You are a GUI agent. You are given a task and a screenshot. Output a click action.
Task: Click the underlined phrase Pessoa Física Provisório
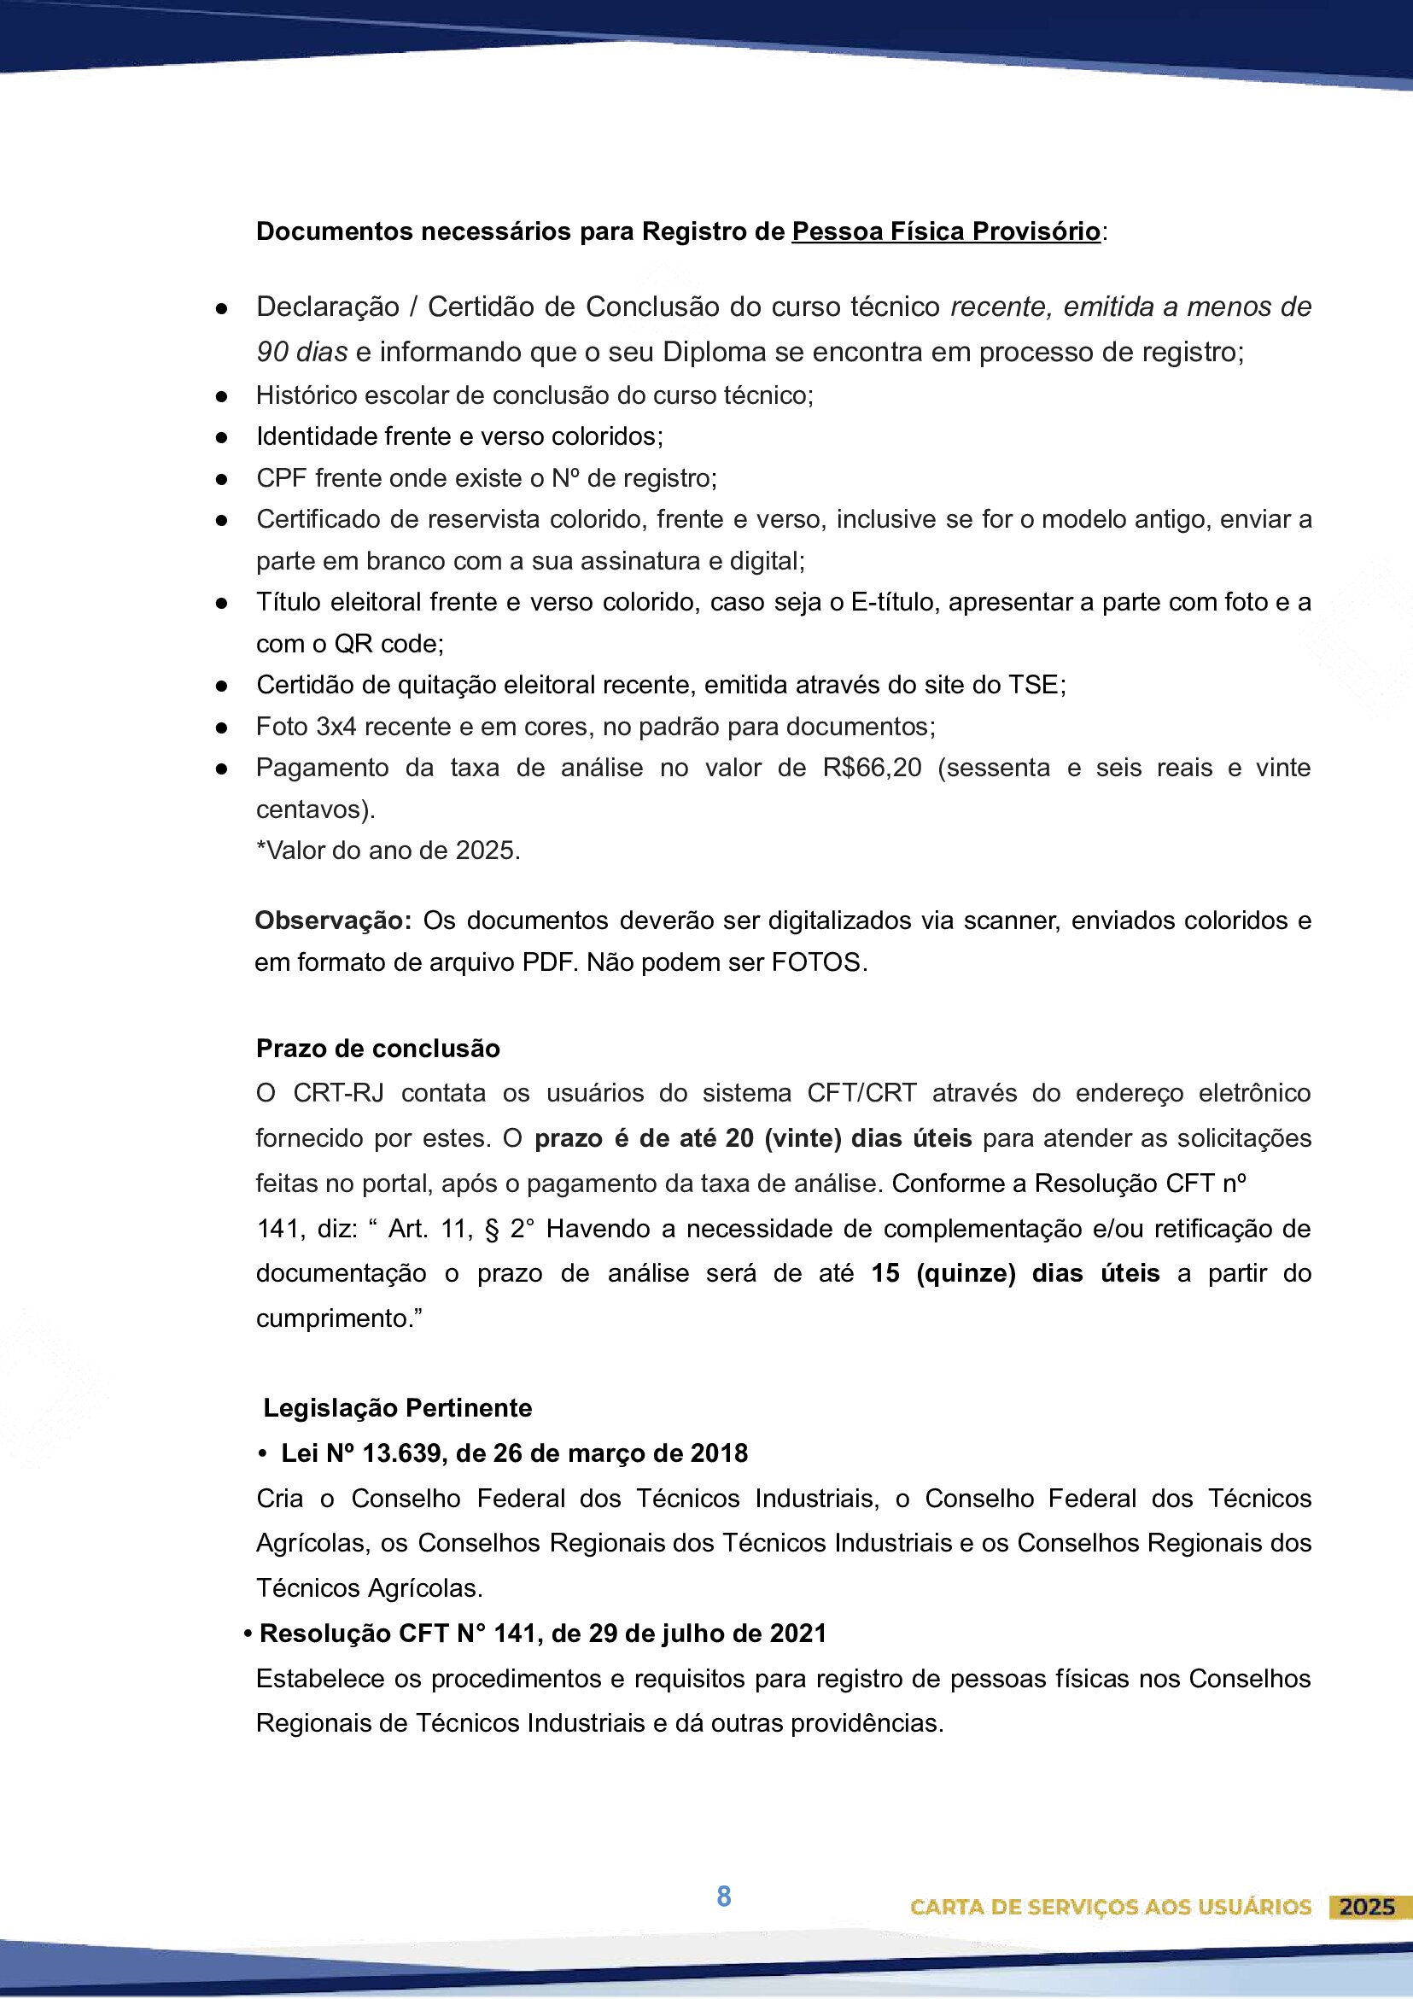pyautogui.click(x=945, y=231)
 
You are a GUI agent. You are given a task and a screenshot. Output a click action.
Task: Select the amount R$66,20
pyautogui.click(x=872, y=768)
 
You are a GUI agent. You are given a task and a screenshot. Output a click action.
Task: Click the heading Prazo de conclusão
pyautogui.click(x=378, y=1049)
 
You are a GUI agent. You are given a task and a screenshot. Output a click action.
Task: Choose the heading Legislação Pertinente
pyautogui.click(x=397, y=1408)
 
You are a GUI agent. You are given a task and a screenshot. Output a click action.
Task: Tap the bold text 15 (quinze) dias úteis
pyautogui.click(x=1015, y=1273)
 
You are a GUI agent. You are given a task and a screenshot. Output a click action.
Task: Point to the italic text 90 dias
pyautogui.click(x=302, y=352)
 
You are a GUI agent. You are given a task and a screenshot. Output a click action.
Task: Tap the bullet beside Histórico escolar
pyautogui.click(x=222, y=396)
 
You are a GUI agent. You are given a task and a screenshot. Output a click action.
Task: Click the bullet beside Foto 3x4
pyautogui.click(x=222, y=727)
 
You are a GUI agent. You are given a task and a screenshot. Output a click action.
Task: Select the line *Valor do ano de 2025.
pyautogui.click(x=388, y=850)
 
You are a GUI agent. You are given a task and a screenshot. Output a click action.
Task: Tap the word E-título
pyautogui.click(x=895, y=603)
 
